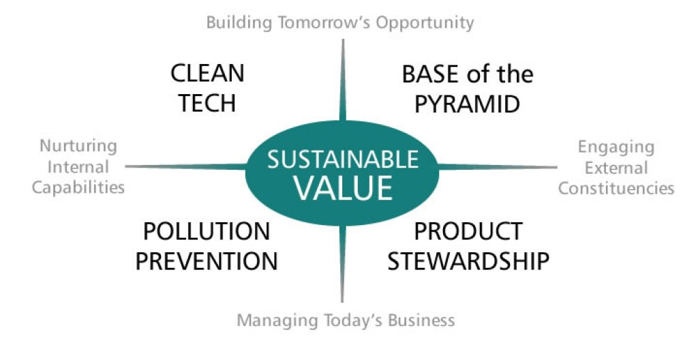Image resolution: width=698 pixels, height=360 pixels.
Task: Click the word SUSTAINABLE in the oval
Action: [x=343, y=160]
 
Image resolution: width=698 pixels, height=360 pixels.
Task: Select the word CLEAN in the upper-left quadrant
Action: [x=207, y=74]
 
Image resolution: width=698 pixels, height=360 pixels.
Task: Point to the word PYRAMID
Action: [x=468, y=104]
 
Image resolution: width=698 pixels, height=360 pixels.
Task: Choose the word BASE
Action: [x=431, y=74]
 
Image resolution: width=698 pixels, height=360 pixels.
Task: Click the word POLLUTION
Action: [x=207, y=231]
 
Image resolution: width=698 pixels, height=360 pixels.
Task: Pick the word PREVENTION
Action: [x=207, y=260]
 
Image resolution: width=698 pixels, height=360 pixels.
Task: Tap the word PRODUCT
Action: [x=468, y=231]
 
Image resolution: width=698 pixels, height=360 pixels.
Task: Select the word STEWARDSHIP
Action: [x=468, y=260]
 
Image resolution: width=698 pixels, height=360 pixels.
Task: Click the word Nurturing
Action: [x=78, y=147]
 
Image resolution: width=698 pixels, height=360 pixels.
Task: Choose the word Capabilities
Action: [x=78, y=187]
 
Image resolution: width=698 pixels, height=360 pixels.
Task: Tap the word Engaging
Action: [x=616, y=148]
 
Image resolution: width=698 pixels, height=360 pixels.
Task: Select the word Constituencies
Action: [x=616, y=188]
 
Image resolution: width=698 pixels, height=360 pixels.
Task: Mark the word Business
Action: [x=421, y=320]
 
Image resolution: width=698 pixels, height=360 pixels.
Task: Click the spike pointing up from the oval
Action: [x=342, y=80]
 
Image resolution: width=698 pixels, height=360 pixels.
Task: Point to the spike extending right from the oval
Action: [x=497, y=167]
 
